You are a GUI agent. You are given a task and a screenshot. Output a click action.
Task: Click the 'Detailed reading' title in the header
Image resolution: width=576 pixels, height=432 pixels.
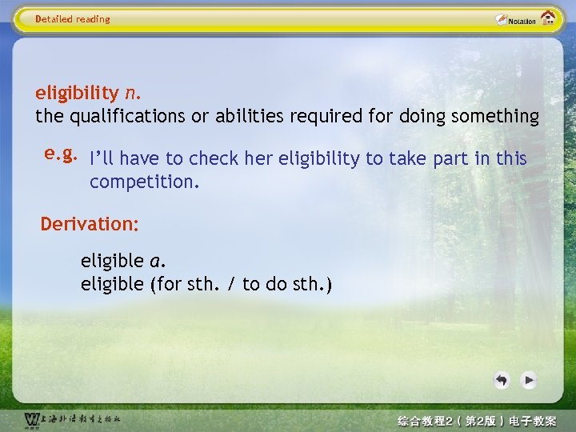(73, 19)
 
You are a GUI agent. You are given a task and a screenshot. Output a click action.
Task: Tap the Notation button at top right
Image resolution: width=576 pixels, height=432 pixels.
(515, 20)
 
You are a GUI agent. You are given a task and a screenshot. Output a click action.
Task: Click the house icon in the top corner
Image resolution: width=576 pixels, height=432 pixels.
(549, 18)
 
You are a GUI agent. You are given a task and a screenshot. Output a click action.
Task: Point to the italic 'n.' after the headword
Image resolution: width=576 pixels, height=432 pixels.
(133, 92)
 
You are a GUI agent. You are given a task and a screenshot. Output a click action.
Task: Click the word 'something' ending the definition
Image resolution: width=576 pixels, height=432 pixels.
(494, 117)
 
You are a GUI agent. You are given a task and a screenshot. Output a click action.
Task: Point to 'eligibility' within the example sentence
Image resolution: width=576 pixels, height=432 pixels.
(319, 159)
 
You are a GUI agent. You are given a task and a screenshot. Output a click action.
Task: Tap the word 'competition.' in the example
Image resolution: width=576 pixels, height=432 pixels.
(144, 182)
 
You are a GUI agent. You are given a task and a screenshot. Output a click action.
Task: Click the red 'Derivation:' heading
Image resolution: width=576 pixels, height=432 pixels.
(90, 224)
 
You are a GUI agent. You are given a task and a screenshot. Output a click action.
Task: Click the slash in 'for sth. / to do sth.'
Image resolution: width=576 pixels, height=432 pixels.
(230, 284)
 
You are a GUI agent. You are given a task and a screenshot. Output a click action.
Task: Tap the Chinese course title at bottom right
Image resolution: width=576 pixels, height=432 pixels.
(477, 421)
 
